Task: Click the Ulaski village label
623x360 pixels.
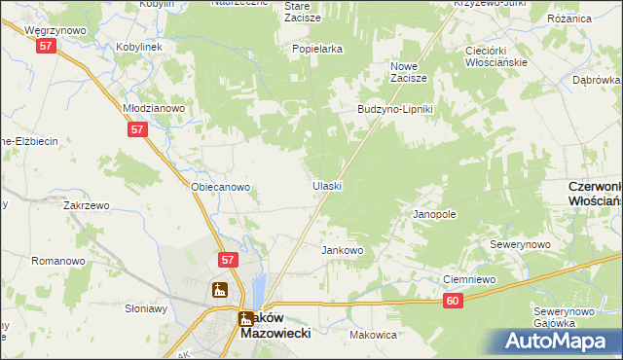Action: click(x=326, y=185)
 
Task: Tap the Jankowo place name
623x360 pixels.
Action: click(x=343, y=250)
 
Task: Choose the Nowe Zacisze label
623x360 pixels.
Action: click(x=410, y=72)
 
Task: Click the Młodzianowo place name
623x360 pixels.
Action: click(x=153, y=108)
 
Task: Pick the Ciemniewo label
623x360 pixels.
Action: click(x=469, y=279)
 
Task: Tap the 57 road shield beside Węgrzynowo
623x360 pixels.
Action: click(x=45, y=58)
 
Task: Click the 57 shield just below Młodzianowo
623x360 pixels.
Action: click(x=137, y=129)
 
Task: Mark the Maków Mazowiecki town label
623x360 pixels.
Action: click(x=275, y=326)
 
